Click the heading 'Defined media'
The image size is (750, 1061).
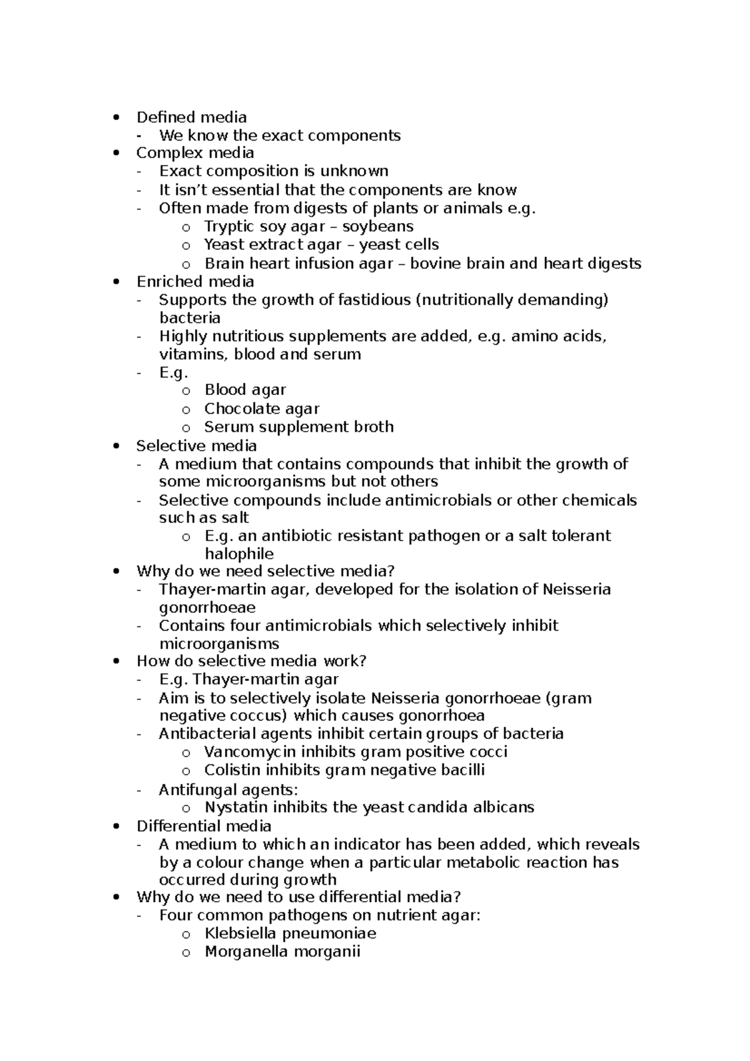[191, 117]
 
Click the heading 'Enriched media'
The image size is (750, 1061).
[195, 281]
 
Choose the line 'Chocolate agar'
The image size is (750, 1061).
[261, 409]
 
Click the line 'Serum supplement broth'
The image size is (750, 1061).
[299, 427]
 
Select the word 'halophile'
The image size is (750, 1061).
[239, 554]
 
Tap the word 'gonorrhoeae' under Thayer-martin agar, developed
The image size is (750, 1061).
[207, 608]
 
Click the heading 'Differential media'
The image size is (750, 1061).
[204, 826]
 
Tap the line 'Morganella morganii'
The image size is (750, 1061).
[282, 952]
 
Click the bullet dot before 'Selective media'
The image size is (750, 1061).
[114, 446]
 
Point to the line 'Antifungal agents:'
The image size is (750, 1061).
[228, 790]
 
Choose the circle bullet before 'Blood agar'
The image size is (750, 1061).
[186, 391]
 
